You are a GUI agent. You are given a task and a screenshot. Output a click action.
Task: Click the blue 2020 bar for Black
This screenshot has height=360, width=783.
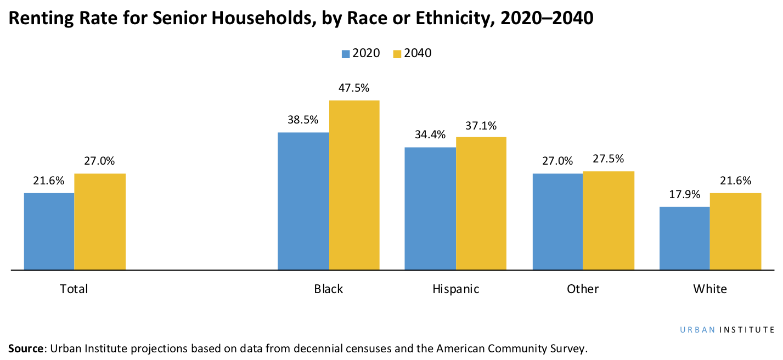tap(303, 201)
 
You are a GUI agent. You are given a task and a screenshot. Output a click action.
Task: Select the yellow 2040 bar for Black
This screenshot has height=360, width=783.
tap(354, 185)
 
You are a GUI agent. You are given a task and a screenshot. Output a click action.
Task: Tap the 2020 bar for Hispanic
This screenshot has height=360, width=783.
tap(430, 209)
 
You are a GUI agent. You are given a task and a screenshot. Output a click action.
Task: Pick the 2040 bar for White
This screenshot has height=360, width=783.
tap(735, 231)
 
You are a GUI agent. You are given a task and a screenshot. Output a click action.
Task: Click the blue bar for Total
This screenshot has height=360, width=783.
tap(49, 231)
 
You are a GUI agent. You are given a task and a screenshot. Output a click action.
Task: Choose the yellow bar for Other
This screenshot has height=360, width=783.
tap(609, 221)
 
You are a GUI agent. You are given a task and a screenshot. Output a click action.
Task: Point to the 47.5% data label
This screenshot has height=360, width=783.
tap(354, 88)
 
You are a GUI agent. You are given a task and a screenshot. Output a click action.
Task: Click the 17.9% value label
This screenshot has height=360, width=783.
tap(684, 194)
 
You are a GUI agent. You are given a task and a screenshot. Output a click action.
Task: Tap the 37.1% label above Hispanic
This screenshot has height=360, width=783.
tap(481, 125)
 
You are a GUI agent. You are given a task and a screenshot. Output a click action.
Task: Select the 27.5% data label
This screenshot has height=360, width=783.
tap(609, 159)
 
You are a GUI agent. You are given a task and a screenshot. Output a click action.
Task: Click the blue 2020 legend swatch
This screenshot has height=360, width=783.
tap(346, 54)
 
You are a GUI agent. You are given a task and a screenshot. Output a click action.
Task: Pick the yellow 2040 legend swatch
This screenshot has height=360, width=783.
tap(397, 54)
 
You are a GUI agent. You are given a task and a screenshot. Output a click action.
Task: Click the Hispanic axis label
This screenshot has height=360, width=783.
tap(455, 289)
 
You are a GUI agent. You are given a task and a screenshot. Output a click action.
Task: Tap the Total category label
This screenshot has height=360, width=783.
tap(74, 289)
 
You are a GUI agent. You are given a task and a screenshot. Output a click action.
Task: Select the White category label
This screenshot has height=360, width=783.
tap(709, 289)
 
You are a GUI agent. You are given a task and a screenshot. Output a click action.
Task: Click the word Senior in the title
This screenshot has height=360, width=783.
tap(173, 18)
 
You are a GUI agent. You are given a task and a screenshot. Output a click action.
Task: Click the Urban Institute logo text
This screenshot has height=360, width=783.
tap(727, 330)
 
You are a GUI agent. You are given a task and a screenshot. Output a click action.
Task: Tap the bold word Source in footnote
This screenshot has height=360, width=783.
tap(25, 348)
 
